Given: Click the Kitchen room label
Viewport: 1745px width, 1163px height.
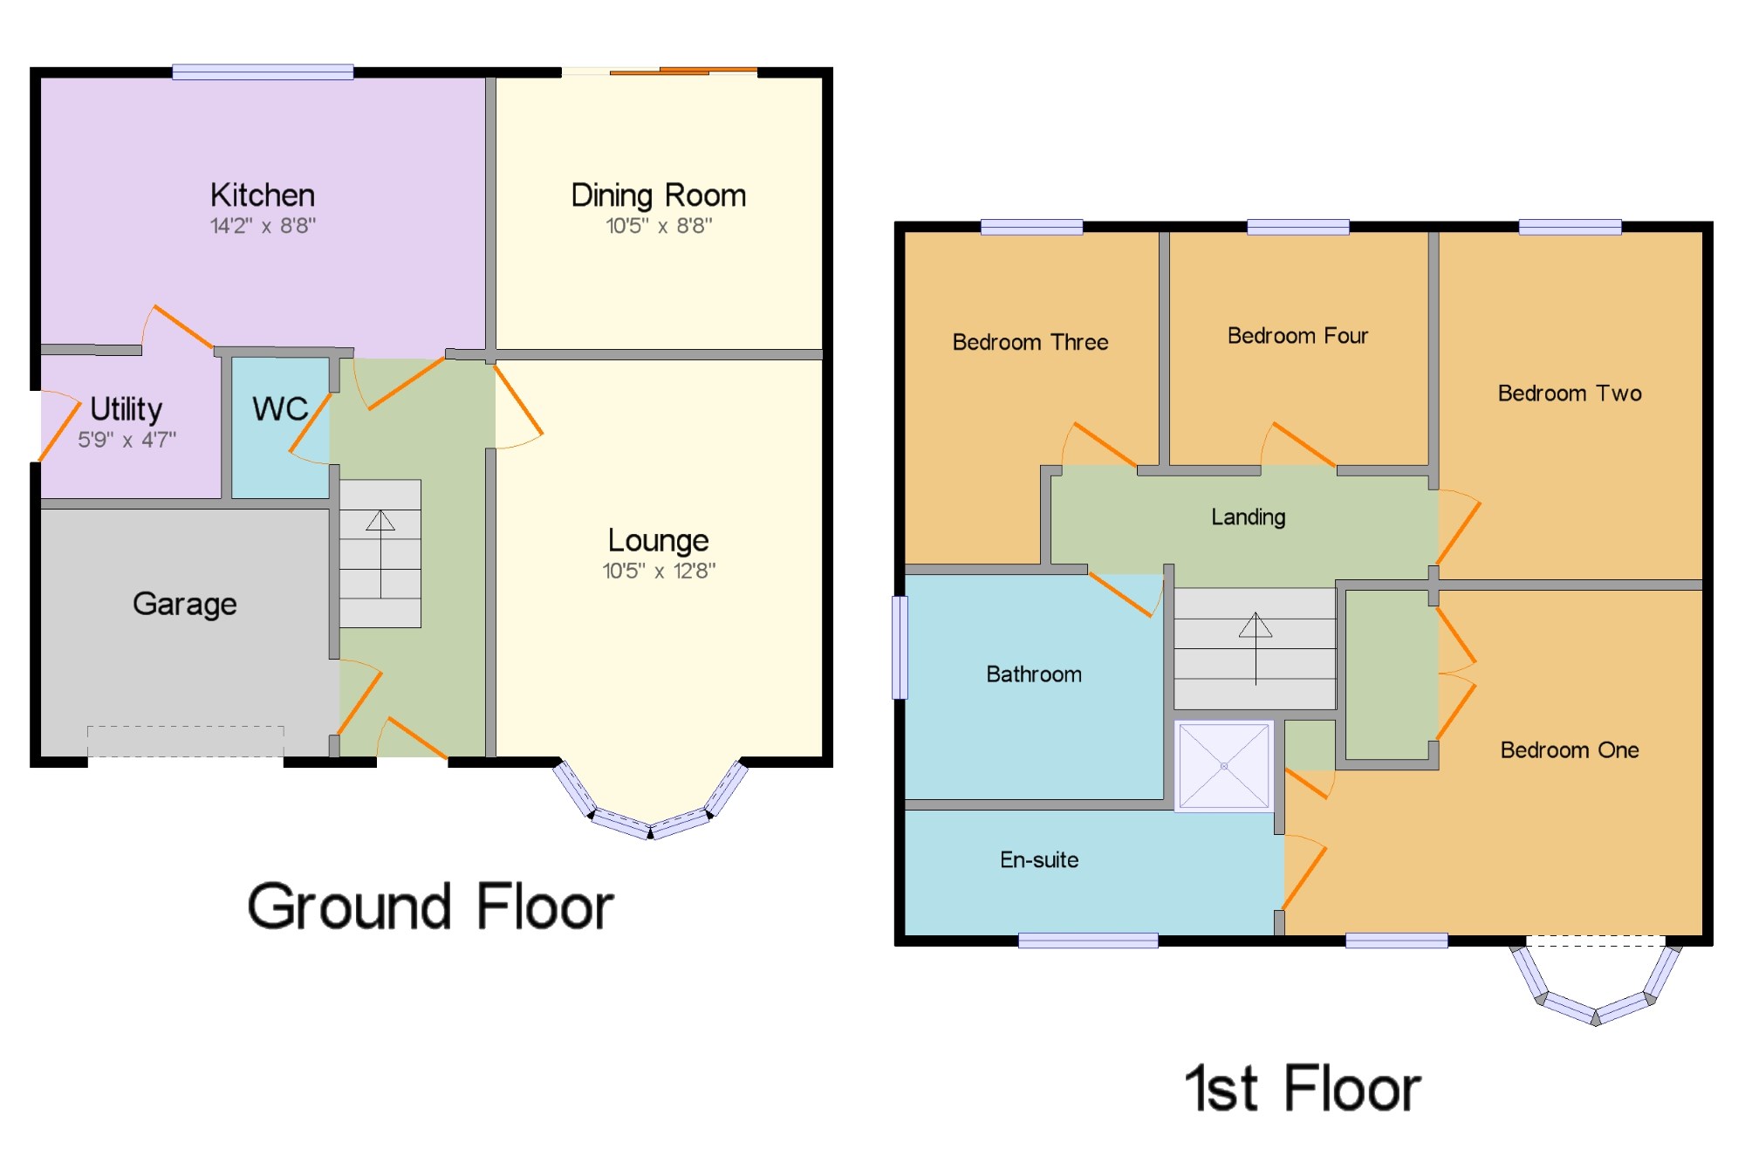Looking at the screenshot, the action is click(x=263, y=195).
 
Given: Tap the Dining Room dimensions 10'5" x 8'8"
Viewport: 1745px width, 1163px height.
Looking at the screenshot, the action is click(x=659, y=226).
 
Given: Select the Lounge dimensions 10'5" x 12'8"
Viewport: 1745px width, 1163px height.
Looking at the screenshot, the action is click(x=659, y=571).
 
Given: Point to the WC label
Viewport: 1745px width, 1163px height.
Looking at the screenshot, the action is click(x=280, y=408).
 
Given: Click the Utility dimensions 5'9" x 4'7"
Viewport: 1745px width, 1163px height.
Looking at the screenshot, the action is click(x=127, y=440).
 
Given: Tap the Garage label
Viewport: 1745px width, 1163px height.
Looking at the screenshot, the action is click(x=185, y=604).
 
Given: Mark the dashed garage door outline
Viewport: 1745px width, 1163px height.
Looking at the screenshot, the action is click(x=186, y=741).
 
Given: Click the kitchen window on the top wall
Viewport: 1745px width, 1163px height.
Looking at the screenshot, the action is click(x=263, y=72).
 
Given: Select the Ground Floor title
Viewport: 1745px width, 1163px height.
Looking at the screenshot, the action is click(x=431, y=906).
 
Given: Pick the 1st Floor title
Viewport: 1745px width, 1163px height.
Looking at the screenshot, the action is click(x=1303, y=1088).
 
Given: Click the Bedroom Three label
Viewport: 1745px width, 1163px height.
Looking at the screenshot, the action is click(x=1030, y=342).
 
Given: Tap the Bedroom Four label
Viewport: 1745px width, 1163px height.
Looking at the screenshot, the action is click(x=1297, y=336).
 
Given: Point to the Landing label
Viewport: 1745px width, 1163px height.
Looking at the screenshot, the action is click(x=1249, y=517).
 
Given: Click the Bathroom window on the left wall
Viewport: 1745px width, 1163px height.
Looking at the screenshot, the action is click(x=900, y=647).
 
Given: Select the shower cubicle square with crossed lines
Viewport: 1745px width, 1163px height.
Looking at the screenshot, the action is click(x=1224, y=766).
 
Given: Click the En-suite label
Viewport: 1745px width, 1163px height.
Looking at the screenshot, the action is click(x=1039, y=860).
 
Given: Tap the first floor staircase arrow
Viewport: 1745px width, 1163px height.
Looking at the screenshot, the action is click(x=1256, y=648).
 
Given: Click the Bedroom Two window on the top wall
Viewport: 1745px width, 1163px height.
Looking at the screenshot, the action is click(x=1570, y=228).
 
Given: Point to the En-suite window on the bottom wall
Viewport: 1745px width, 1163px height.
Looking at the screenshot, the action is click(x=1088, y=941).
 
